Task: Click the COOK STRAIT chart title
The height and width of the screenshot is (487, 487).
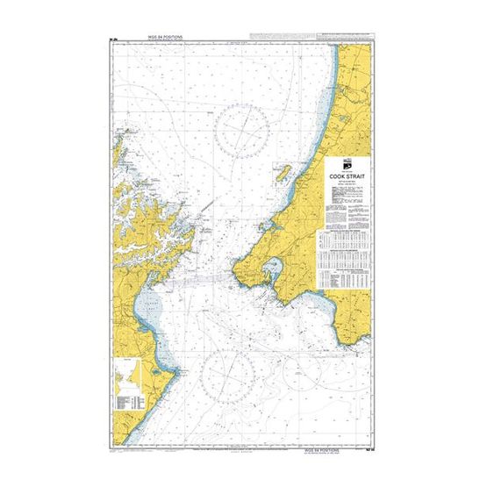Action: pyautogui.click(x=348, y=175)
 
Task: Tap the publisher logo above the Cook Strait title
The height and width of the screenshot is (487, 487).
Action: pyautogui.click(x=348, y=164)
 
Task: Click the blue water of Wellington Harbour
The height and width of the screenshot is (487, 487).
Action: pyautogui.click(x=274, y=269)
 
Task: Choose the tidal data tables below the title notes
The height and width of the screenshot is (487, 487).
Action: pyautogui.click(x=347, y=260)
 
